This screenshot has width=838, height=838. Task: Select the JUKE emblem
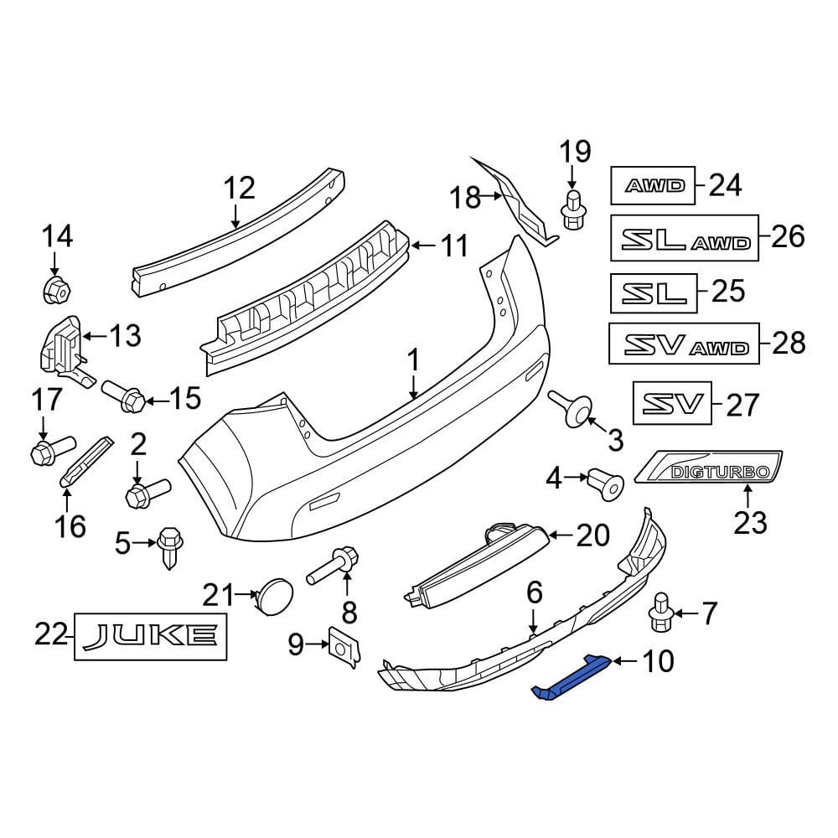152,637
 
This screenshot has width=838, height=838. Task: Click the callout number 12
238,189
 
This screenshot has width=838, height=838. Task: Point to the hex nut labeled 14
54,291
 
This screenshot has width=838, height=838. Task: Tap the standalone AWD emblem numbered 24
653,185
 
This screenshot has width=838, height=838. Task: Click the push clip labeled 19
572,209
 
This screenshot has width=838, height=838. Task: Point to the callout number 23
749,523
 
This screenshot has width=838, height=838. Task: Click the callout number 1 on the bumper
412,363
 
